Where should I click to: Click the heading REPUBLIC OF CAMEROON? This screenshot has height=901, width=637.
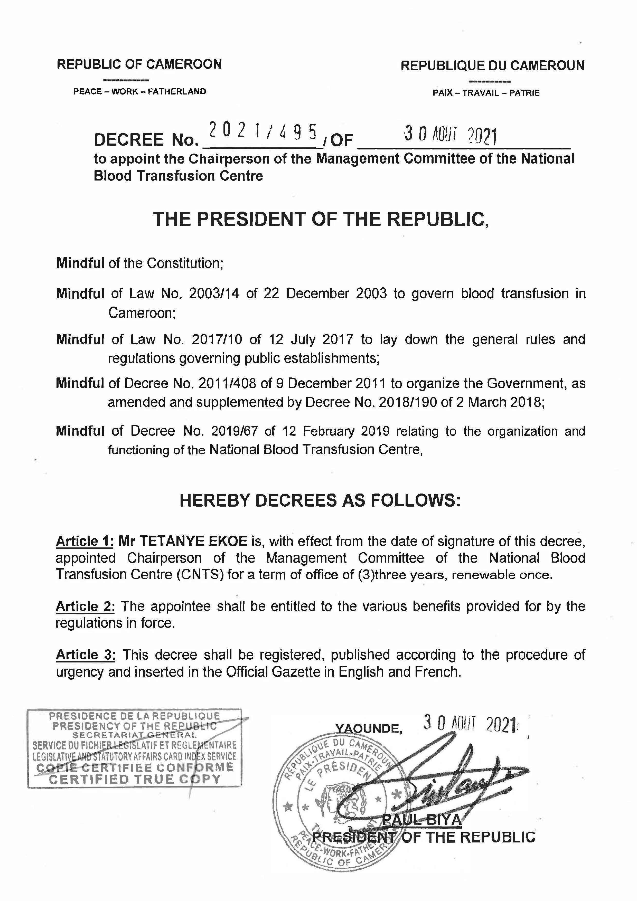tap(139, 64)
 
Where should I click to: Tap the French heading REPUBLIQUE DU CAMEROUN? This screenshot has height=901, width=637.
tap(492, 65)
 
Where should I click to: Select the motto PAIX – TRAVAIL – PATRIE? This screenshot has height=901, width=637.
tap(486, 93)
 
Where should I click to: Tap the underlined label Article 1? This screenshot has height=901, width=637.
tap(85, 541)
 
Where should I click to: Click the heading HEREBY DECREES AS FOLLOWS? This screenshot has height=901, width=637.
tap(320, 501)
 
